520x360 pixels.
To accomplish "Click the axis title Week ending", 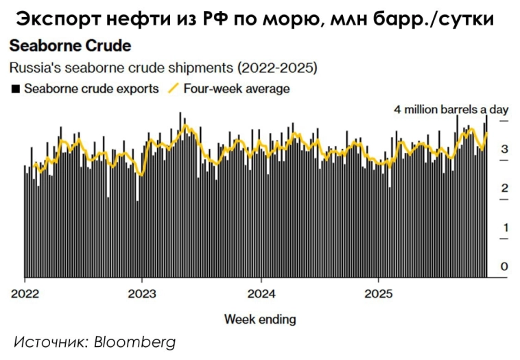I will pos(260,319).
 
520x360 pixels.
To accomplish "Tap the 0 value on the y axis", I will pos(504,267).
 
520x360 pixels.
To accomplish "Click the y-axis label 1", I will pos(504,228).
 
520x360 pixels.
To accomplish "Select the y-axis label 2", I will pos(504,189).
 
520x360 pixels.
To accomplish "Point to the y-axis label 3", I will pos(504,149).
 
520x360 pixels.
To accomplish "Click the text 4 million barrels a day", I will pos(450,110).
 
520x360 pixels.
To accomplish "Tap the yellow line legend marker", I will pos(173,88).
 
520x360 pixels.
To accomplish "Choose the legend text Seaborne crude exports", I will pos(91,88).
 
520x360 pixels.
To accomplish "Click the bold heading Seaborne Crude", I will pos(69,48).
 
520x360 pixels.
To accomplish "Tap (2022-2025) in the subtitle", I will pos(277,69).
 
